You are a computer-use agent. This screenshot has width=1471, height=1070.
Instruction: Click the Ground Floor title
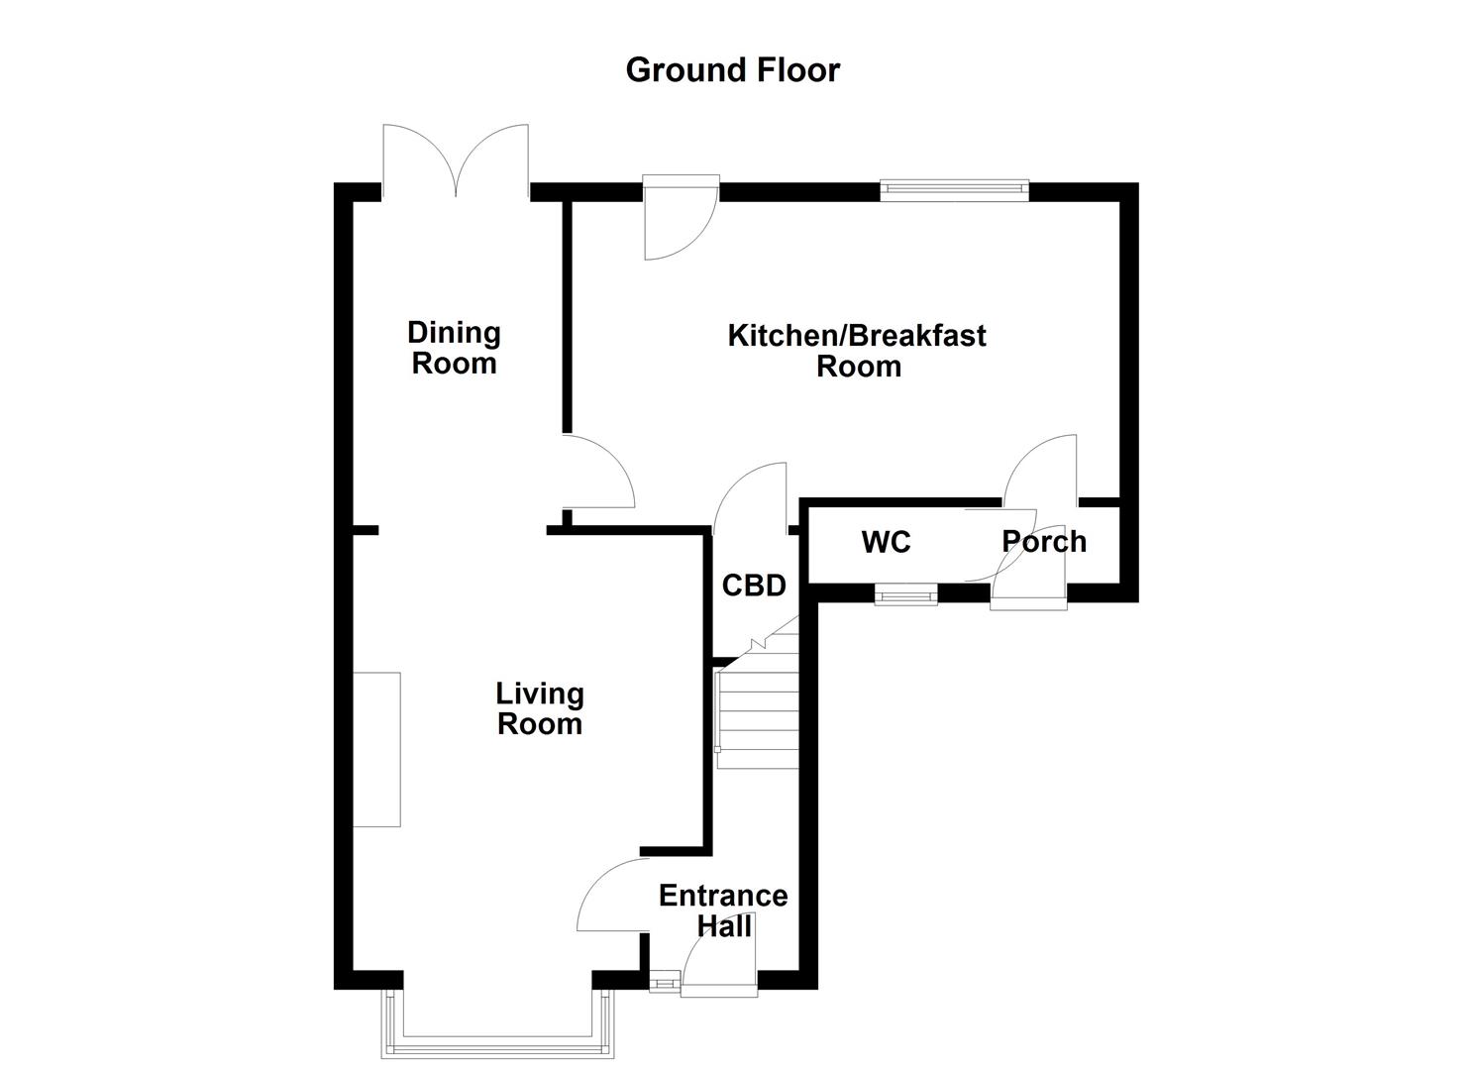(x=732, y=69)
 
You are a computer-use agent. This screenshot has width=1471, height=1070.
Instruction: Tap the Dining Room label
(x=454, y=348)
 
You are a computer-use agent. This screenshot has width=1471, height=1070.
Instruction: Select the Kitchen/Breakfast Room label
(x=857, y=350)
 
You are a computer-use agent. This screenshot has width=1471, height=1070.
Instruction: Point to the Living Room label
(x=539, y=708)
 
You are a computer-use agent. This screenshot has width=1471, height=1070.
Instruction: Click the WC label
(x=886, y=542)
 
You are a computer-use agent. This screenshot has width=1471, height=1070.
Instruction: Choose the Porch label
(x=1044, y=541)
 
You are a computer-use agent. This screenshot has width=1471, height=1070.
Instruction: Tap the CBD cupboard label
(x=754, y=586)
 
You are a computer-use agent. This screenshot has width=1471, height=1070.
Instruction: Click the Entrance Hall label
(x=723, y=910)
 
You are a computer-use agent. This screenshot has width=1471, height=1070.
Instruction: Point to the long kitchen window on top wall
(x=954, y=190)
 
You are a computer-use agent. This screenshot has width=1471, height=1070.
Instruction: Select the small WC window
(x=905, y=593)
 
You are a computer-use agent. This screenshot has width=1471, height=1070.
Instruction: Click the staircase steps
(x=758, y=708)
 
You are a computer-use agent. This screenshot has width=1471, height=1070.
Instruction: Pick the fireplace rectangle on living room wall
(x=377, y=749)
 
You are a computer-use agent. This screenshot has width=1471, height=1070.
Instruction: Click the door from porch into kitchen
(x=1041, y=470)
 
